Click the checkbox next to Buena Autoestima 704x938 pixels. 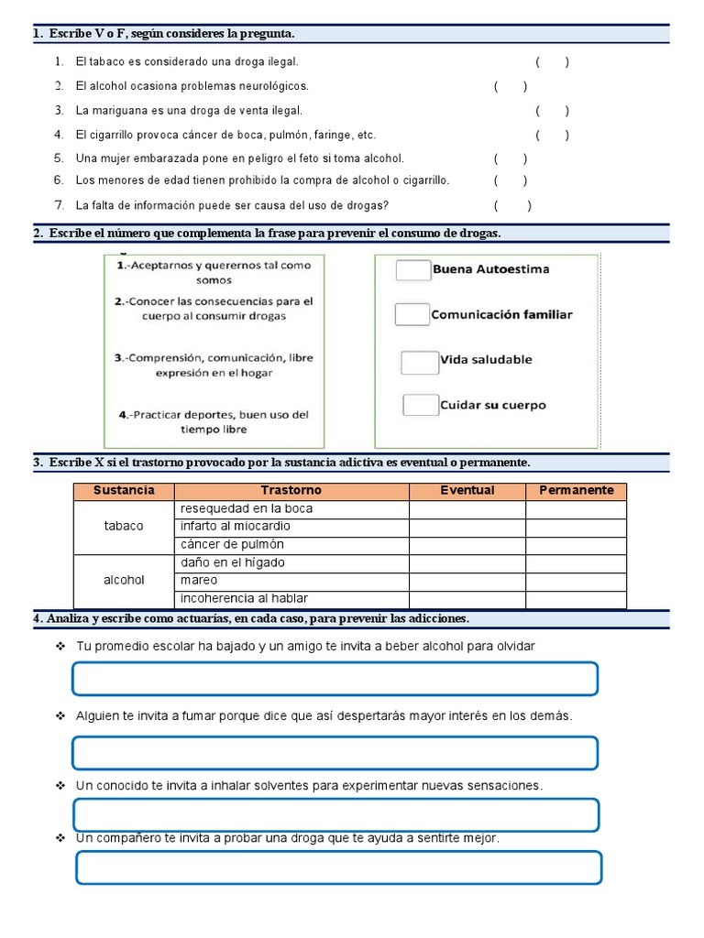[x=412, y=269]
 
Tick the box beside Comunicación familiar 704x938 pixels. [x=412, y=314]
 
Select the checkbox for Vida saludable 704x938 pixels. [x=420, y=362]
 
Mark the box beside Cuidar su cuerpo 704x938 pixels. [x=421, y=405]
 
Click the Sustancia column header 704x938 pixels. [x=124, y=491]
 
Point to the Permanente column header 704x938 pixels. [x=576, y=491]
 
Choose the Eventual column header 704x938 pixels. [x=467, y=491]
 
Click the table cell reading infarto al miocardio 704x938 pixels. [x=291, y=527]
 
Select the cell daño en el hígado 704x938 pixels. [x=291, y=562]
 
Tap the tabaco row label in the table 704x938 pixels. [x=124, y=527]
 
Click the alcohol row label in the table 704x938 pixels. [x=124, y=581]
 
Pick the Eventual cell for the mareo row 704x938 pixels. [x=467, y=581]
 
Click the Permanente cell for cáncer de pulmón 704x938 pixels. [x=576, y=545]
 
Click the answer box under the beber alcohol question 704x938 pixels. [x=335, y=679]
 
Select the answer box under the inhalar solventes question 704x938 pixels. [x=335, y=814]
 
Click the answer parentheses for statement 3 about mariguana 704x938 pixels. [x=552, y=111]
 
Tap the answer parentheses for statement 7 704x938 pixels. [x=511, y=206]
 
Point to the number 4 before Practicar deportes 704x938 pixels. [x=123, y=414]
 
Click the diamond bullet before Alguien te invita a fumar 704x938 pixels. [x=60, y=715]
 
